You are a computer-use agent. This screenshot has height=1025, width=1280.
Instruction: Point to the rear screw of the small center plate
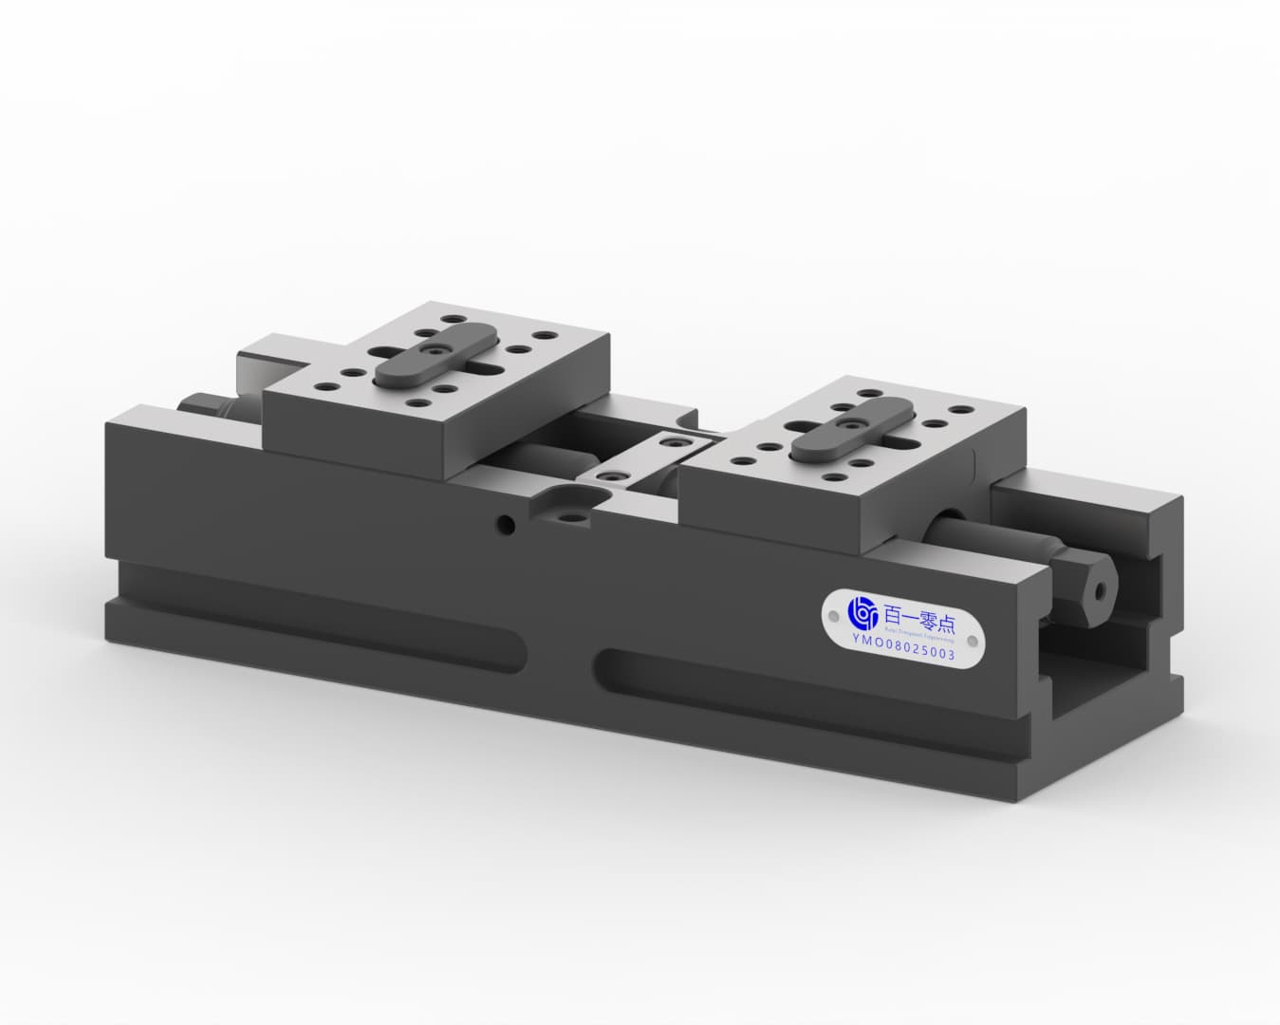[676, 443]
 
